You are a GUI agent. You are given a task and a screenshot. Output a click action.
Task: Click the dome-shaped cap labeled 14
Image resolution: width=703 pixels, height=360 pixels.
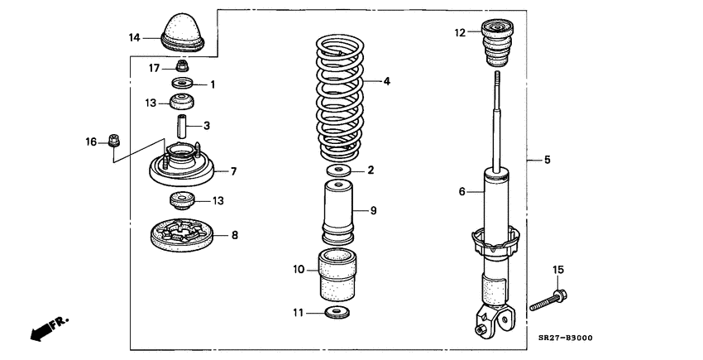pos(183,32)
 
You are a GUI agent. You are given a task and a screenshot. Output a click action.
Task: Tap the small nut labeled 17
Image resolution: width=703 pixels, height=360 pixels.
pos(182,65)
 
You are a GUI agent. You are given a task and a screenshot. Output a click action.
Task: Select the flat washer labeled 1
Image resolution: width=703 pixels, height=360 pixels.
pos(182,83)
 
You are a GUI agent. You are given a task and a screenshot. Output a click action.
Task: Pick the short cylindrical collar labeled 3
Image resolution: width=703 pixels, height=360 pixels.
pos(181,127)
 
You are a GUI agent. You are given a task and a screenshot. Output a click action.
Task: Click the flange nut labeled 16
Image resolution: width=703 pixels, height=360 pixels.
pos(114,141)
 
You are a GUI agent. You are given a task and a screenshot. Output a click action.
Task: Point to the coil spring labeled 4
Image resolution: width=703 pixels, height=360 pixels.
pos(340,98)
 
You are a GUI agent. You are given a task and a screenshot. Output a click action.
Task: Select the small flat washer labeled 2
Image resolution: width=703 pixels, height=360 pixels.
pos(338,170)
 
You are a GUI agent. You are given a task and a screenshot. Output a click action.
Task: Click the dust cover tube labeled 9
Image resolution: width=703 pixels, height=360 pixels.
pos(338,210)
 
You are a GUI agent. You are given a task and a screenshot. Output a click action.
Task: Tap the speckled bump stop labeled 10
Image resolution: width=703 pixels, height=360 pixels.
pos(337,274)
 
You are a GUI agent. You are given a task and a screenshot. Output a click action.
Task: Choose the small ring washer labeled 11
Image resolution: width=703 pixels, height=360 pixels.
pos(338,312)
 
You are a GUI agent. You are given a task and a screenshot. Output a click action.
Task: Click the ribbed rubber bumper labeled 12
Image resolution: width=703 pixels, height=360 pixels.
pos(497,44)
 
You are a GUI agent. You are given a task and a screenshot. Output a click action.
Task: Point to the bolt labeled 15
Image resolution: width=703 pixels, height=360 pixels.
pos(548,300)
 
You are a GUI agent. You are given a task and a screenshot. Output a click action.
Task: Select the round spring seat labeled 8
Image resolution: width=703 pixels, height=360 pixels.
pos(182,235)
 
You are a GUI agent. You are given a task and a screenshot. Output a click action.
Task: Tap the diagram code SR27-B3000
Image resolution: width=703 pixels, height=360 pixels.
pos(565,338)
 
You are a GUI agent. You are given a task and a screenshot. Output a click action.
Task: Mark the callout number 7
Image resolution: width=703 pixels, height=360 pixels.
pos(233,171)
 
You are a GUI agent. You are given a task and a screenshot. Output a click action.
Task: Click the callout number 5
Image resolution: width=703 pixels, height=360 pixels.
pos(548,160)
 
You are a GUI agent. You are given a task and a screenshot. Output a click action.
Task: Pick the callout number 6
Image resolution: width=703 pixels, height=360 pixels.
pos(462,192)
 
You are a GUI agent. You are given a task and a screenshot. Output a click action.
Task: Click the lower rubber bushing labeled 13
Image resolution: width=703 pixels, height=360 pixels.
pos(182,200)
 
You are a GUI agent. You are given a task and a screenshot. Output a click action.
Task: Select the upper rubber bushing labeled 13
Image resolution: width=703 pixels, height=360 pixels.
pos(182,102)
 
